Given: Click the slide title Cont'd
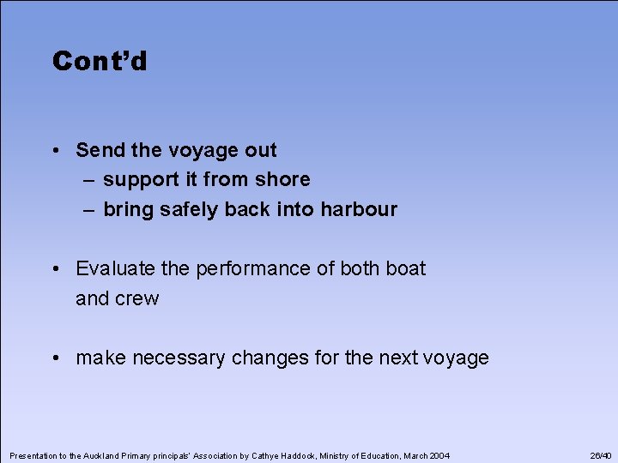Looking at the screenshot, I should (x=100, y=62).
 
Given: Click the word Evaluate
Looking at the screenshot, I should (x=116, y=268).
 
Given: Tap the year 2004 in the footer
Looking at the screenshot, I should (x=438, y=454).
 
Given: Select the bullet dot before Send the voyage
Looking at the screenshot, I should (x=54, y=151).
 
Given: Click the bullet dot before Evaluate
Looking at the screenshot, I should (x=54, y=269).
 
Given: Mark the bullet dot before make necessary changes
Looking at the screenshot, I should (x=54, y=358).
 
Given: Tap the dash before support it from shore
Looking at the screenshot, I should (x=90, y=180).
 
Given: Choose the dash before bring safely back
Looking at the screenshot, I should (x=90, y=209).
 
